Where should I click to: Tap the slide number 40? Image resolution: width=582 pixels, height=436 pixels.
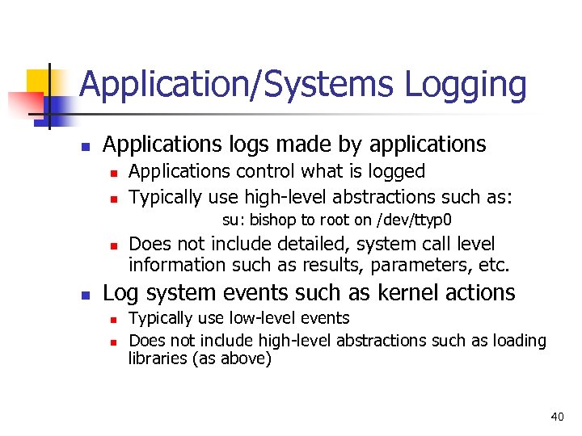coord(557,417)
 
